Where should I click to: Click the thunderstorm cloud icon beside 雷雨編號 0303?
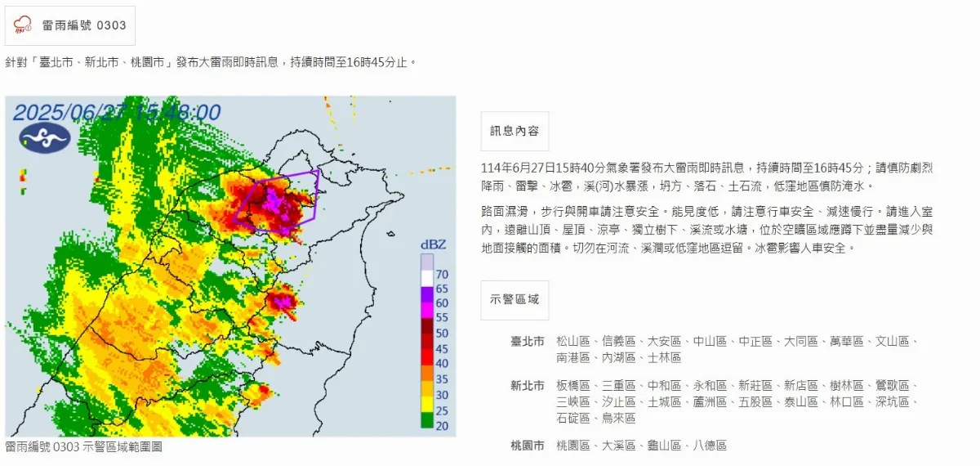pos(23,25)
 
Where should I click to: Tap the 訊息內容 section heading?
pos(514,131)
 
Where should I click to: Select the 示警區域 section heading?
pos(514,299)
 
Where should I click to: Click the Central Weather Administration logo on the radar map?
pos(44,139)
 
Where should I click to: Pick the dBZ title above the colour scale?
pos(432,244)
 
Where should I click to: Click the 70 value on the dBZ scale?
pos(442,274)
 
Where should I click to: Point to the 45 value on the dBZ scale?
pos(442,347)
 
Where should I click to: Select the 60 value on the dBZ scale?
pos(442,303)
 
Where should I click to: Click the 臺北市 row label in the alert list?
pos(527,341)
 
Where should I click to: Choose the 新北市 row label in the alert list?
pos(527,385)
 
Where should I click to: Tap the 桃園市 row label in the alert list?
pos(527,446)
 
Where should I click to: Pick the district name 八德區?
pos(710,446)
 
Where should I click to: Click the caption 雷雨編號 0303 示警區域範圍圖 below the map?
pos(83,447)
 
